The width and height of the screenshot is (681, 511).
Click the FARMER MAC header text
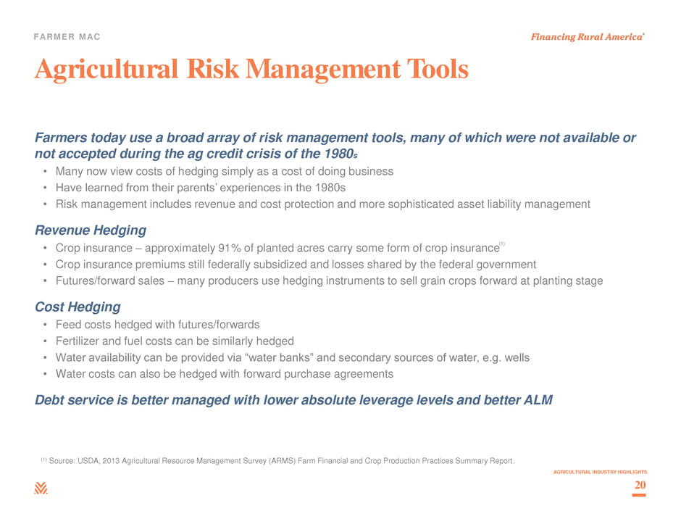tap(67, 37)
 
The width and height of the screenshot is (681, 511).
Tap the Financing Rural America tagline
tap(588, 37)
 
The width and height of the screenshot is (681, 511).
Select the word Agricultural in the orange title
tap(106, 70)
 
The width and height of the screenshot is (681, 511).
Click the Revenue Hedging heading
tap(91, 230)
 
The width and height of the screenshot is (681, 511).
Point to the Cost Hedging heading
tap(78, 307)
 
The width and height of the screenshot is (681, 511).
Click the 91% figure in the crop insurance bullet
tap(230, 248)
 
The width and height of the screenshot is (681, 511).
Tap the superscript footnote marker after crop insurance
tap(502, 244)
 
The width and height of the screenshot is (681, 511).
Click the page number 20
tap(640, 485)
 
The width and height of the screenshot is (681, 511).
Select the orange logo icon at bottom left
tap(41, 488)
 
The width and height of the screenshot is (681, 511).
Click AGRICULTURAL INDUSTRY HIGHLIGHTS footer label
tap(600, 472)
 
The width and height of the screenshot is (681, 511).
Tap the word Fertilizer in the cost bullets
tap(78, 341)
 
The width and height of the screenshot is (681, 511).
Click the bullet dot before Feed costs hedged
tap(45, 325)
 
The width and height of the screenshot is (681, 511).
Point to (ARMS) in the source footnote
tap(282, 461)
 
